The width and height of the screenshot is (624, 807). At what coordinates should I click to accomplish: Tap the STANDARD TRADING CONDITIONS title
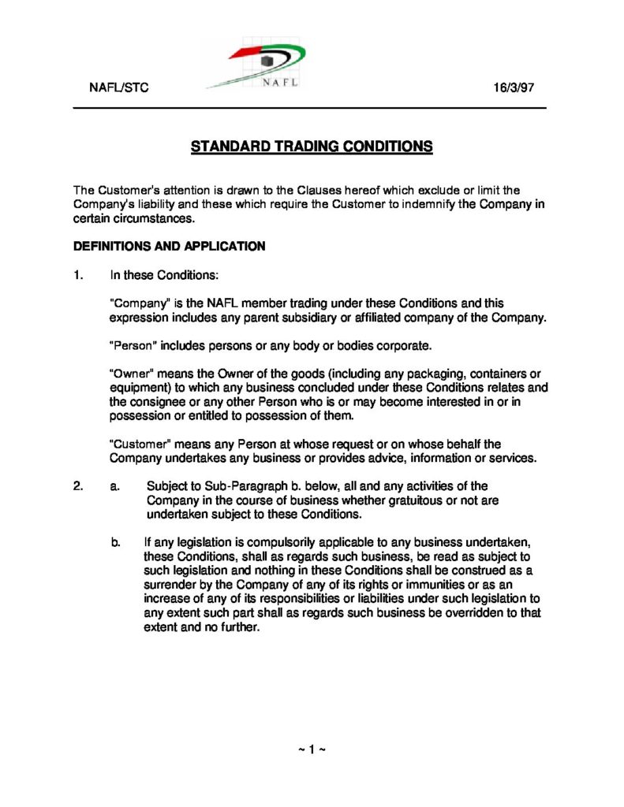(x=312, y=147)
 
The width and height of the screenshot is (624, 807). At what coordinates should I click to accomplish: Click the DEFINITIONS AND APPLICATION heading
(x=169, y=246)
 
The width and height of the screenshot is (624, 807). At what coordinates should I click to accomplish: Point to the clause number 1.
(x=78, y=276)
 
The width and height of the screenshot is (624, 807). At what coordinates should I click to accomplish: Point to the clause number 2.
(x=78, y=486)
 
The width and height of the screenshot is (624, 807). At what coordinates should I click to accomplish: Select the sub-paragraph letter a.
(x=115, y=486)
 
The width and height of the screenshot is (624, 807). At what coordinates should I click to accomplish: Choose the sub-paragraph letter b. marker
(x=116, y=542)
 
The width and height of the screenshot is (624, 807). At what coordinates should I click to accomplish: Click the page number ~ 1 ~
(x=312, y=749)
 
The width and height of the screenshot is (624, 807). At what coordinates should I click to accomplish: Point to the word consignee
(x=153, y=402)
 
